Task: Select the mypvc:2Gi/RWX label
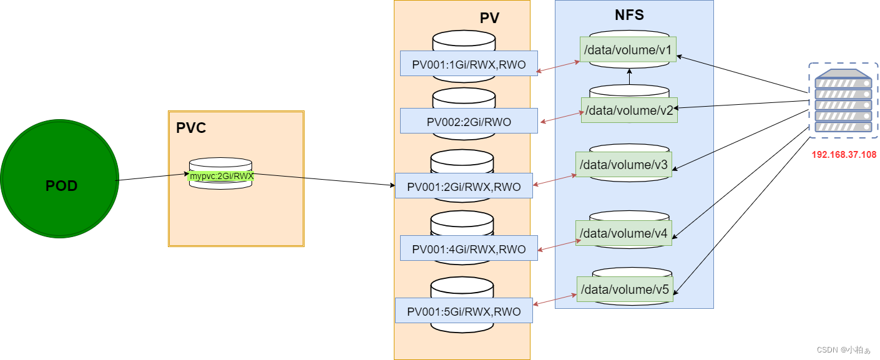(x=221, y=176)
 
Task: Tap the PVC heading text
(x=191, y=129)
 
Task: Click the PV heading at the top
(x=489, y=18)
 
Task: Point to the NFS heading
(x=629, y=15)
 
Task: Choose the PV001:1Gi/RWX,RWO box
(x=469, y=64)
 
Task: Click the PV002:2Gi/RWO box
(x=469, y=121)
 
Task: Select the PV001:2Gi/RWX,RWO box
(x=464, y=186)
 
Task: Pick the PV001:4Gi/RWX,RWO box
(x=469, y=248)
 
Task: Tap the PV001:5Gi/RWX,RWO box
(x=464, y=311)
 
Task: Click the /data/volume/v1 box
(x=628, y=50)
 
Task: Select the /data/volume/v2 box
(x=629, y=110)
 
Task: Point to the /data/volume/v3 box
(x=623, y=165)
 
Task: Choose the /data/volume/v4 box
(x=623, y=233)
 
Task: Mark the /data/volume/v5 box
(x=625, y=289)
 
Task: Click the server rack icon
(x=843, y=100)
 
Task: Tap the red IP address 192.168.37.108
(x=844, y=154)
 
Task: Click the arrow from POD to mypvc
(x=154, y=177)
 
